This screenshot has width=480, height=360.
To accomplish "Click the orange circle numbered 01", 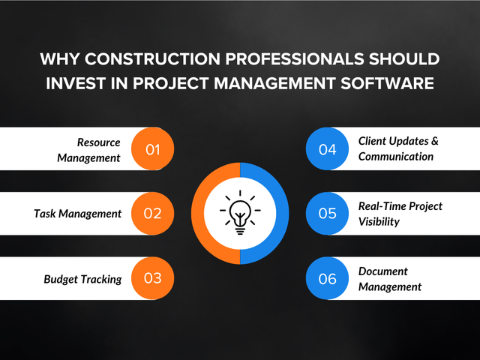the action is click(x=152, y=148).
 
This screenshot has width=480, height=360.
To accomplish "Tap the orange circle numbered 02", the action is click(x=152, y=213).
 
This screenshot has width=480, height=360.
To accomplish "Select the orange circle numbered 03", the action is click(x=152, y=278).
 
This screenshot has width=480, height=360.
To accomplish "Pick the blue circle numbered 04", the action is click(x=327, y=148).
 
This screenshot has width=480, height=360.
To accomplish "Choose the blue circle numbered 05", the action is click(x=327, y=213).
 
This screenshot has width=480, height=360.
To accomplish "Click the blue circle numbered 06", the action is click(x=327, y=278).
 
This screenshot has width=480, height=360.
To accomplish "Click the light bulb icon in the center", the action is click(x=240, y=212).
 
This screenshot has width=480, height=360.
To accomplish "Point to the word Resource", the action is click(x=98, y=142).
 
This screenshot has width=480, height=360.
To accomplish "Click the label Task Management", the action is click(x=77, y=214).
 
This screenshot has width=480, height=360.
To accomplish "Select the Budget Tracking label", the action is click(x=82, y=279).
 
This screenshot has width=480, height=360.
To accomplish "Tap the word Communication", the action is click(x=396, y=157).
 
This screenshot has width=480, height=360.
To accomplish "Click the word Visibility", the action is click(x=379, y=222).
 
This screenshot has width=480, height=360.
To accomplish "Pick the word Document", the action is click(x=383, y=271).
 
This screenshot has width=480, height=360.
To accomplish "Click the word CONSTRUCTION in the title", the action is click(x=152, y=58).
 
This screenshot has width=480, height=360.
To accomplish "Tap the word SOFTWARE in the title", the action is click(x=387, y=83).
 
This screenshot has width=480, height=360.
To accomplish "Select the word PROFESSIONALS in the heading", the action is click(x=295, y=58).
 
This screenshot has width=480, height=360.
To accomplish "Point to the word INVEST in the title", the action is click(x=76, y=83).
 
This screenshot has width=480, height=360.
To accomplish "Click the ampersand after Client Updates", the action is click(x=435, y=141).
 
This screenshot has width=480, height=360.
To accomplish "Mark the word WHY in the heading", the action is click(x=60, y=58).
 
